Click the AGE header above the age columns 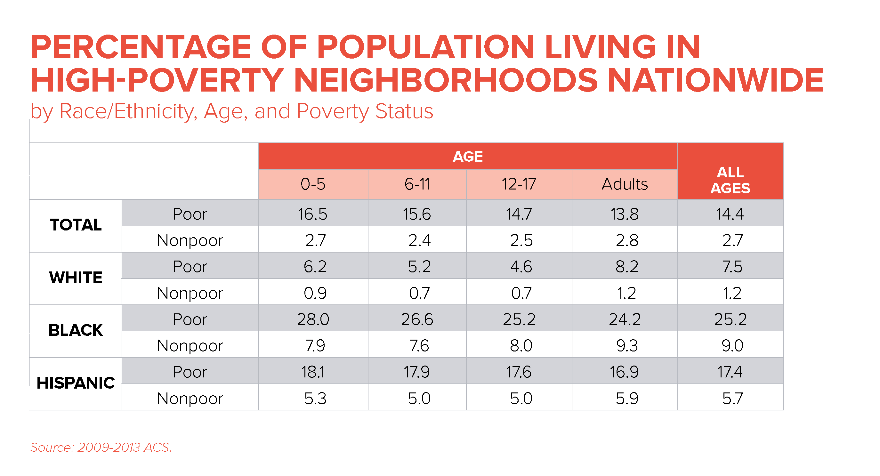tap(467, 157)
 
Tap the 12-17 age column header tap(519, 184)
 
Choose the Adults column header tap(625, 184)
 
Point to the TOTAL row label tap(76, 225)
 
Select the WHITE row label tap(76, 278)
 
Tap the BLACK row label tap(76, 330)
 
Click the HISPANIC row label tap(76, 383)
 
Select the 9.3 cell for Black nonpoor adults tap(626, 345)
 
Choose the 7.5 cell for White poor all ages tap(732, 267)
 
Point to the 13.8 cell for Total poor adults tap(625, 214)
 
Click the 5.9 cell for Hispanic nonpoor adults tap(626, 399)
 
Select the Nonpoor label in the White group tap(190, 293)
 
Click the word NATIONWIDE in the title tap(716, 80)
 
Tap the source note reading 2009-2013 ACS tap(101, 447)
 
